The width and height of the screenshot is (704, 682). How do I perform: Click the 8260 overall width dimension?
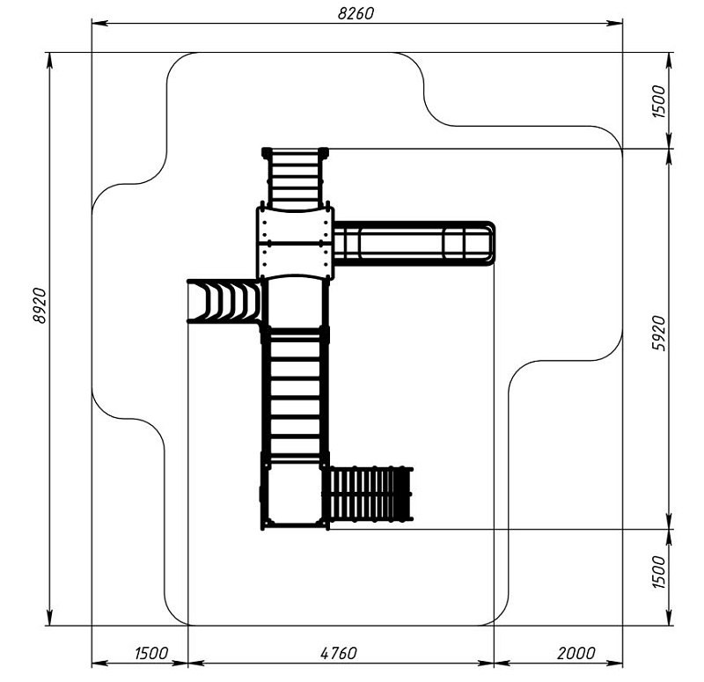click(356, 13)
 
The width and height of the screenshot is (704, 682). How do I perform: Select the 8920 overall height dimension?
click(40, 305)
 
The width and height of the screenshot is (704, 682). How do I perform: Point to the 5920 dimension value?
click(658, 334)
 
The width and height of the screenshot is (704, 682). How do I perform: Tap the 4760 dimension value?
click(339, 653)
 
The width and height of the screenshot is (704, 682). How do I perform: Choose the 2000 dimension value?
click(576, 653)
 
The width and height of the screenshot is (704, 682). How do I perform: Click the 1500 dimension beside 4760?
click(151, 653)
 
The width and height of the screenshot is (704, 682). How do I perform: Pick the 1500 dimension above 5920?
click(658, 101)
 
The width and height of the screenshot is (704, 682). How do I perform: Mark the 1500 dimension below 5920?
click(658, 572)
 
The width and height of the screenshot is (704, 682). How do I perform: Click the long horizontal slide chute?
click(414, 244)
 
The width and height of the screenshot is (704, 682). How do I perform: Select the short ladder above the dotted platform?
click(295, 179)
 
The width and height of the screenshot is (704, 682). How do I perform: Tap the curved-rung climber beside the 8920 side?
click(224, 301)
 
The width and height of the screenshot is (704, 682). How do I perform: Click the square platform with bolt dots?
click(295, 243)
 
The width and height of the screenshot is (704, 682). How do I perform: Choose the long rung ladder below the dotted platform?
click(295, 395)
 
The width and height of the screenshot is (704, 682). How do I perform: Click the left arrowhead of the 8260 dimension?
click(99, 23)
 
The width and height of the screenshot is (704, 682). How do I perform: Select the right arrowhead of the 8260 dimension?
click(614, 23)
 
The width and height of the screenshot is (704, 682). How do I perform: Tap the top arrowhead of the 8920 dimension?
click(49, 61)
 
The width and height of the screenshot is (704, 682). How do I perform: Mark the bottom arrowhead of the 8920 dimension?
click(49, 617)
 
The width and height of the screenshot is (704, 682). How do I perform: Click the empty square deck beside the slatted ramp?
click(295, 495)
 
